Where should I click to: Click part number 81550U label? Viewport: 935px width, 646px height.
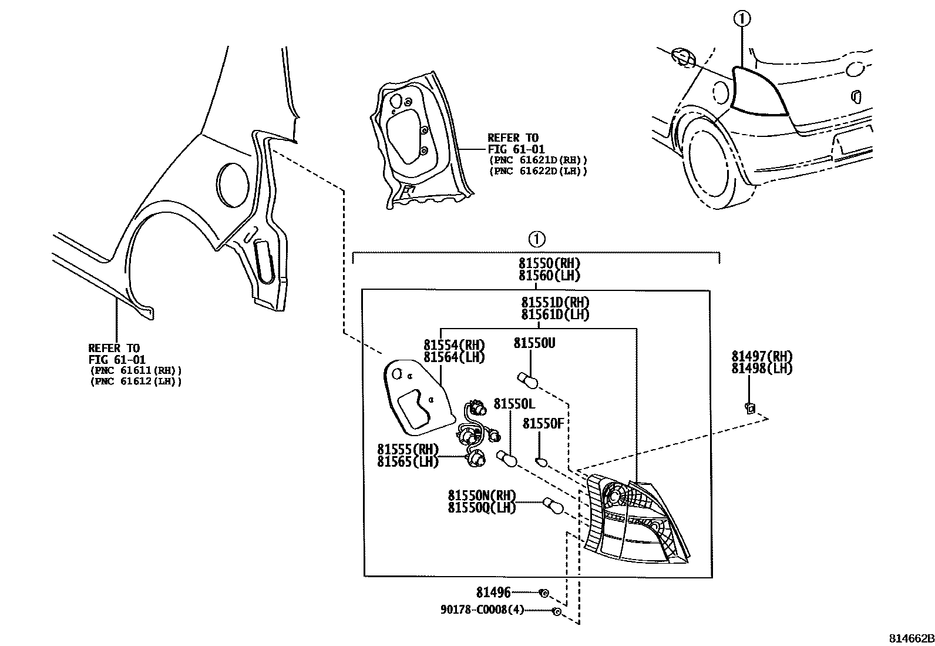pos(534,343)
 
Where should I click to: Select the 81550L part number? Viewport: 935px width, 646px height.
pos(514,404)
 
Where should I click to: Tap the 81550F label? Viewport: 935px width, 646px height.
pos(543,423)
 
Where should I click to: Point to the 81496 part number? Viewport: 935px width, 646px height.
pos(493,593)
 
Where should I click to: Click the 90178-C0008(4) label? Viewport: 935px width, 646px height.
pos(482,611)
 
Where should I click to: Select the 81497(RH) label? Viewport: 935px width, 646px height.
pos(762,356)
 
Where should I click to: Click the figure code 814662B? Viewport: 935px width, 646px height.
pos(910,639)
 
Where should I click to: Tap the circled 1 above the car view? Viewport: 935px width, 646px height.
pos(742,19)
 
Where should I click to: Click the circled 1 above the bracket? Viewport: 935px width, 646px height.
pos(536,239)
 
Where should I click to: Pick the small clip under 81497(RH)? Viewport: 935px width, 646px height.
pos(749,406)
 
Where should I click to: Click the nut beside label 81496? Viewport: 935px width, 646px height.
pos(544,593)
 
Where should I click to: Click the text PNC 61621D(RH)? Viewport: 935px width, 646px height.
pos(537,160)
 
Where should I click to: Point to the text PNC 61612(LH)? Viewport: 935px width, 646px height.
pos(136,381)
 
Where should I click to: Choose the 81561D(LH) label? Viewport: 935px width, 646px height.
pos(554,315)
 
